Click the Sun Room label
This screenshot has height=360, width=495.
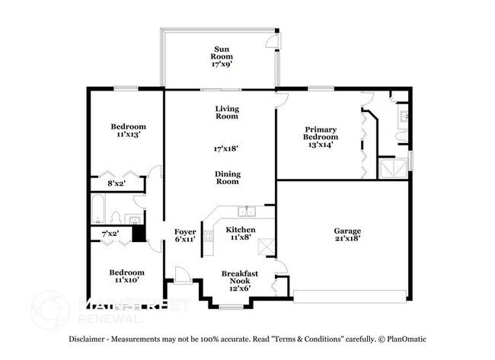tap(222, 57)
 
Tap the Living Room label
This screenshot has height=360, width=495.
tap(226, 113)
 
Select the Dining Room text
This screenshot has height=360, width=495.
tap(226, 177)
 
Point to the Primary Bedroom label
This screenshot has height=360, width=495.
tap(321, 135)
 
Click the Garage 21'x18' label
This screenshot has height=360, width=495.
tap(346, 234)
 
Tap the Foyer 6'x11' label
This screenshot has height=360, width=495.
tap(185, 234)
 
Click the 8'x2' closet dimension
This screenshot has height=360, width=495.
tap(117, 183)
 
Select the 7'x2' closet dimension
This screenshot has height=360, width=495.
tap(110, 233)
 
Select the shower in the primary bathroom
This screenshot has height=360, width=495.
tap(394, 167)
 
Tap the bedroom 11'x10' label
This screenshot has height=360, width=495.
tap(127, 276)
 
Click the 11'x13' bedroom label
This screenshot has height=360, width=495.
tap(128, 130)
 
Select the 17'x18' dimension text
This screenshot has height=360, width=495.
tap(226, 149)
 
